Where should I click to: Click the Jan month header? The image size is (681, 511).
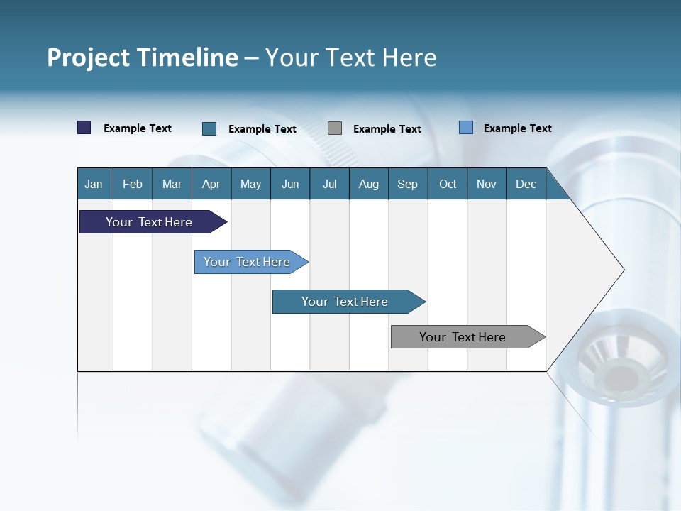pyautogui.click(x=94, y=184)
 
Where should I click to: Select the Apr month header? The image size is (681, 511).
pyautogui.click(x=211, y=184)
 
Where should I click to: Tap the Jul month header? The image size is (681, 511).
pyautogui.click(x=329, y=184)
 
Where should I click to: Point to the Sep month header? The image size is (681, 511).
pyautogui.click(x=407, y=184)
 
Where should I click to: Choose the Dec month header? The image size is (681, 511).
pyautogui.click(x=526, y=184)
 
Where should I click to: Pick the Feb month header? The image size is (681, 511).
pyautogui.click(x=133, y=184)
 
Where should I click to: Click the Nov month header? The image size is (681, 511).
pyautogui.click(x=486, y=184)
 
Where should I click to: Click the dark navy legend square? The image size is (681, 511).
pyautogui.click(x=84, y=128)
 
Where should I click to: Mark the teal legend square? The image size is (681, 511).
pyautogui.click(x=209, y=128)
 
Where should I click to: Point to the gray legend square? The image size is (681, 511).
pyautogui.click(x=335, y=128)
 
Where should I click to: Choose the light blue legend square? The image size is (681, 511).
pyautogui.click(x=466, y=128)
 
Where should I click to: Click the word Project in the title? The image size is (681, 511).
pyautogui.click(x=88, y=57)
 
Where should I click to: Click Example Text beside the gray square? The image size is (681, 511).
pyautogui.click(x=387, y=129)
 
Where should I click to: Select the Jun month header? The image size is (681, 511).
pyautogui.click(x=290, y=184)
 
